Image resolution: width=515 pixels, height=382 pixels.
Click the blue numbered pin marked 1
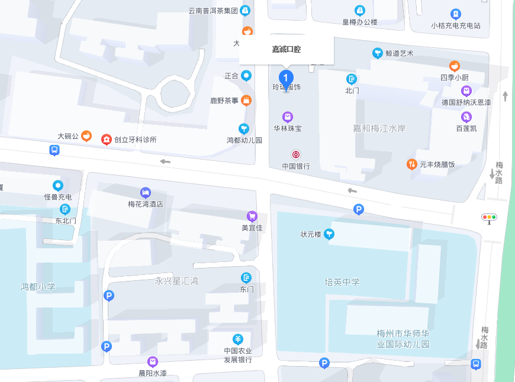point(287,77)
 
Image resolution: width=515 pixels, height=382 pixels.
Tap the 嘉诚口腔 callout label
point(287,50)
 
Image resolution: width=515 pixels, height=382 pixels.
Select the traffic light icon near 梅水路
point(489,217)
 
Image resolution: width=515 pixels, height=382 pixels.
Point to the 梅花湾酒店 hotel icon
point(146,193)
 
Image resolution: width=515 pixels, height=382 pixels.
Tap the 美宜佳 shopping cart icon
point(252,216)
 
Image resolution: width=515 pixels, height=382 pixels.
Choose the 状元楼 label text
point(311,235)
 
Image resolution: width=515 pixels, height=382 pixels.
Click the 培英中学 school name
point(342,282)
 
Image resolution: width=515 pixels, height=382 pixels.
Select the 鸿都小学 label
point(38,287)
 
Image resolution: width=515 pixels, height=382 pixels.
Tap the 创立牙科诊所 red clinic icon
point(106,140)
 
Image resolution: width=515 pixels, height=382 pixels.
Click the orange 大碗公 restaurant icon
point(86,136)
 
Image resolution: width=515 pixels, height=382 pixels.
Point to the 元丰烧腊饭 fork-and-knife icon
point(411,164)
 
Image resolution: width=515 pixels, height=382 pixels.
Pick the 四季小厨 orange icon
point(455,66)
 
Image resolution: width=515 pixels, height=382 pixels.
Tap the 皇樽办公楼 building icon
point(359,11)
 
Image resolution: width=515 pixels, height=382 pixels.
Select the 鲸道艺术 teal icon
point(377,53)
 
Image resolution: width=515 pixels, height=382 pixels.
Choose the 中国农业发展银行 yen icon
point(238,339)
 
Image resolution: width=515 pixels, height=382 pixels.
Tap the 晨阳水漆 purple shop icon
point(153,361)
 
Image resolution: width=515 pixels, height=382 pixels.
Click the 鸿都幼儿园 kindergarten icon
point(244,128)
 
